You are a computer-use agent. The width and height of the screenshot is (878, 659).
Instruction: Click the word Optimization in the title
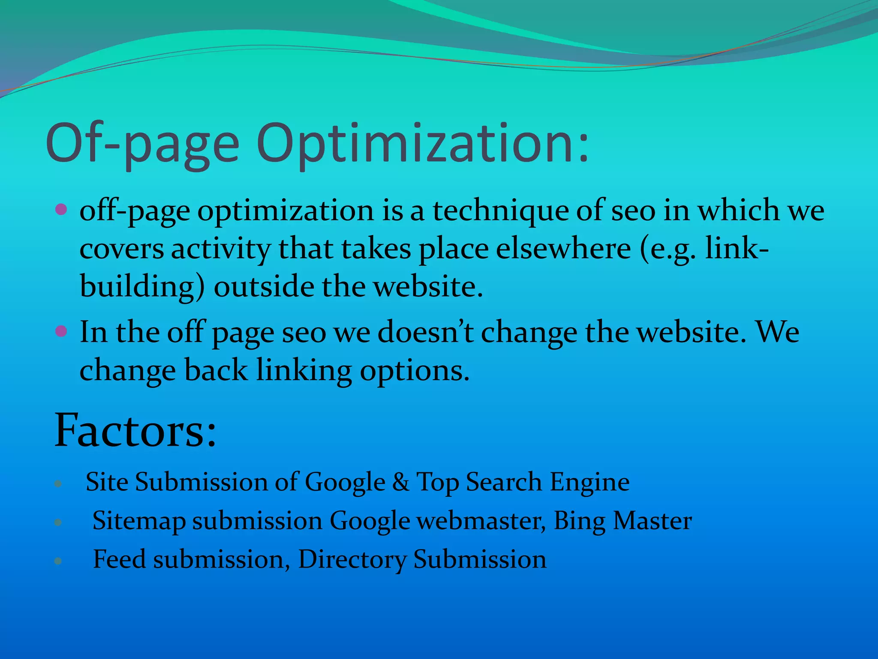pyautogui.click(x=423, y=144)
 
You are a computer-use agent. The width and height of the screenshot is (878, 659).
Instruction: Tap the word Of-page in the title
pyautogui.click(x=142, y=144)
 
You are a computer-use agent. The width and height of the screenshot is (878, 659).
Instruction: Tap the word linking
pyautogui.click(x=304, y=370)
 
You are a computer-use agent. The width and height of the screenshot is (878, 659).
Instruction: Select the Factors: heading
pyautogui.click(x=135, y=430)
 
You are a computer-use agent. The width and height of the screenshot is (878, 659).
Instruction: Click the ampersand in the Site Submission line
pyautogui.click(x=400, y=482)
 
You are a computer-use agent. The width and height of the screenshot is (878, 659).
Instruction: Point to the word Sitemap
pyautogui.click(x=139, y=521)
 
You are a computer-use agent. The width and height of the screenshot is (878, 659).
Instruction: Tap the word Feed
pyautogui.click(x=119, y=559)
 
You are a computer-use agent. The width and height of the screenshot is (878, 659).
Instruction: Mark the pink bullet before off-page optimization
pyautogui.click(x=61, y=210)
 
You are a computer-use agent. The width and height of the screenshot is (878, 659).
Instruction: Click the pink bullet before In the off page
pyautogui.click(x=61, y=331)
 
